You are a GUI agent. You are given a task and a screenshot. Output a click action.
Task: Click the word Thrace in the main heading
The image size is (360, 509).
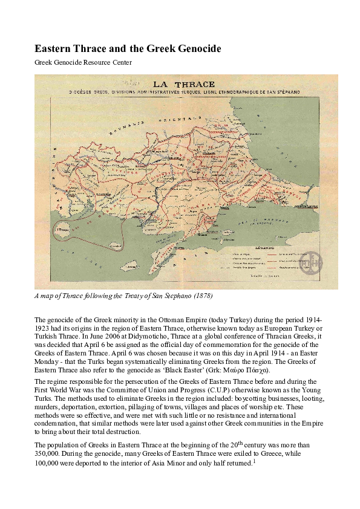(x=91, y=48)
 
